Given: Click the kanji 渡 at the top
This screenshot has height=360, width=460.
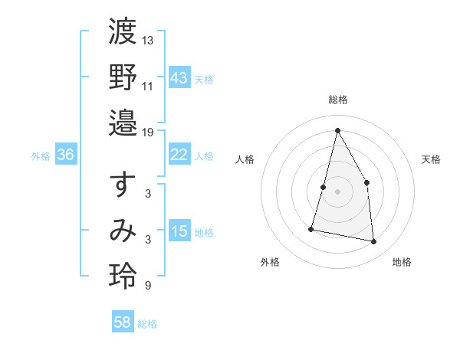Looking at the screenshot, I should click(123, 34).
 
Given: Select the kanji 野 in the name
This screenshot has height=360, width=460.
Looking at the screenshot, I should click(123, 77).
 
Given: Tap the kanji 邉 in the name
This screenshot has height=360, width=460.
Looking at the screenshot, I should click(123, 123).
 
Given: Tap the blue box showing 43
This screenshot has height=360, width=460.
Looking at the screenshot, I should click(179, 77).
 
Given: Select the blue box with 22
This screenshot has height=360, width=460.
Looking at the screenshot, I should click(179, 155).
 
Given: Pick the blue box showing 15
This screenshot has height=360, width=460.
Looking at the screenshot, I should click(179, 231).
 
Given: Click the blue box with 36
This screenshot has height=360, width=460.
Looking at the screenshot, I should click(66, 155).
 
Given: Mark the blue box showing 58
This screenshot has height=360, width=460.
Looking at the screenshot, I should click(123, 322).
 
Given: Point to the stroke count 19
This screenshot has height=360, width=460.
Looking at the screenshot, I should click(148, 132).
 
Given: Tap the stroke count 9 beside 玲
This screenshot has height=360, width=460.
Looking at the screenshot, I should click(147, 286).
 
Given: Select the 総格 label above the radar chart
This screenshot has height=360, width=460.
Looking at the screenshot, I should click(337, 100).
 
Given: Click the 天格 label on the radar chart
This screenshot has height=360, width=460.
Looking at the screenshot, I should click(431, 159).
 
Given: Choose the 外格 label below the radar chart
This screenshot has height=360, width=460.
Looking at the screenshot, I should click(270, 263).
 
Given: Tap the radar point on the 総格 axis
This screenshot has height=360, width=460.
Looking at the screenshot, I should click(337, 130).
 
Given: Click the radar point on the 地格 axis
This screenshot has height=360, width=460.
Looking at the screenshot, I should click(374, 242).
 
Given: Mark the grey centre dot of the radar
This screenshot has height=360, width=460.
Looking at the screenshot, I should click(337, 191).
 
